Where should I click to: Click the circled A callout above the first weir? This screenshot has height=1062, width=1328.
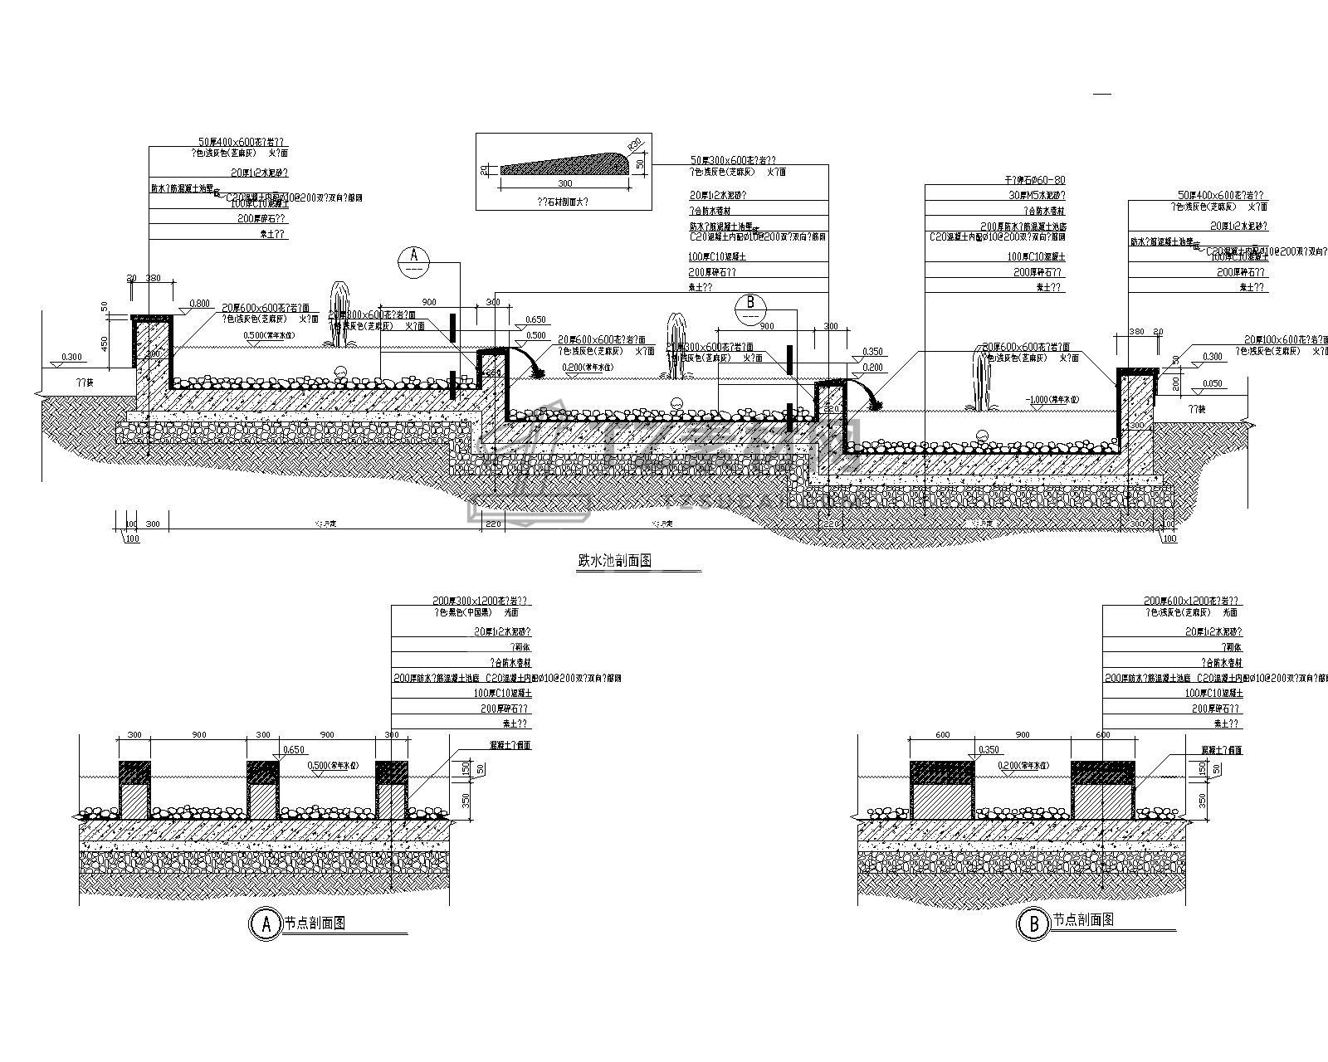tap(413, 263)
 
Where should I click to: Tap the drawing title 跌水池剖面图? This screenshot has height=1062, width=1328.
tap(614, 562)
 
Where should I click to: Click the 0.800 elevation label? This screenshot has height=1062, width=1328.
tap(199, 304)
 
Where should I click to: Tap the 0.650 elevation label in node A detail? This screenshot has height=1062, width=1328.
tap(293, 750)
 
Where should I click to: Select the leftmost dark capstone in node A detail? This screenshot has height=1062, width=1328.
tap(134, 772)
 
